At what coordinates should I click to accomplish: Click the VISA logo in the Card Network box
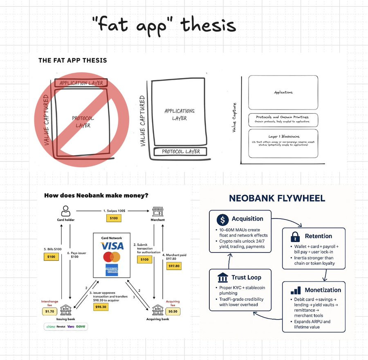tap(112, 246)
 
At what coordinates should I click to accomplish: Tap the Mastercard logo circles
tap(112, 257)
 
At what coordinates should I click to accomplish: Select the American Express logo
tap(112, 270)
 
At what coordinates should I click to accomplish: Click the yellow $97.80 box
tap(174, 266)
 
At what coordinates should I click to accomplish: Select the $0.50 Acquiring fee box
tap(173, 311)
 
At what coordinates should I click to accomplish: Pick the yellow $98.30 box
tap(100, 306)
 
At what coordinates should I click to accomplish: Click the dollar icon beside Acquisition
tap(222, 219)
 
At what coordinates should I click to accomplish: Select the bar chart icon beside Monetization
tap(296, 291)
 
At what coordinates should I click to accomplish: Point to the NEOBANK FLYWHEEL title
tap(277, 199)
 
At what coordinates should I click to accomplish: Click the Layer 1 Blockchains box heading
tap(283, 136)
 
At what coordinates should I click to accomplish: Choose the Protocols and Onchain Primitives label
tap(283, 117)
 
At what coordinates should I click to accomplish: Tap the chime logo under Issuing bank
tap(51, 326)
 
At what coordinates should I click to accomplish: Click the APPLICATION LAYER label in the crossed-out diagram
tap(81, 83)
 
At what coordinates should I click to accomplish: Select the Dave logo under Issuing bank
tap(81, 326)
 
